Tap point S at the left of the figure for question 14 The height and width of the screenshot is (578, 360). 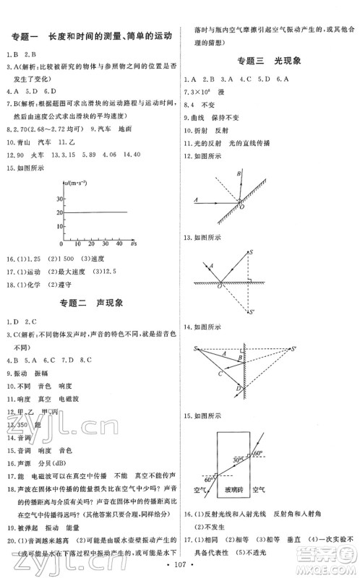[x=194, y=350]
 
